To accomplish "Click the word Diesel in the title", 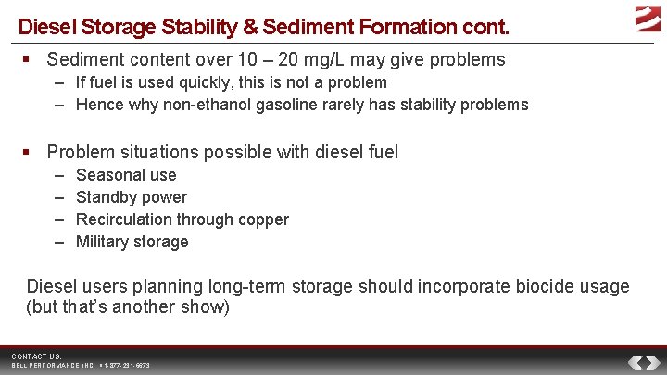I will [43, 27].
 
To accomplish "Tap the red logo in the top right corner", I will [648, 18].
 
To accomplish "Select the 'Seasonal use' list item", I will [126, 175].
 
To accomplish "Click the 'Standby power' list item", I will [132, 197].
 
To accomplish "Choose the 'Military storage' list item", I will [132, 242].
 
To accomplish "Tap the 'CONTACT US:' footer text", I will [37, 356].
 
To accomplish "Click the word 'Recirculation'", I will [124, 219].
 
